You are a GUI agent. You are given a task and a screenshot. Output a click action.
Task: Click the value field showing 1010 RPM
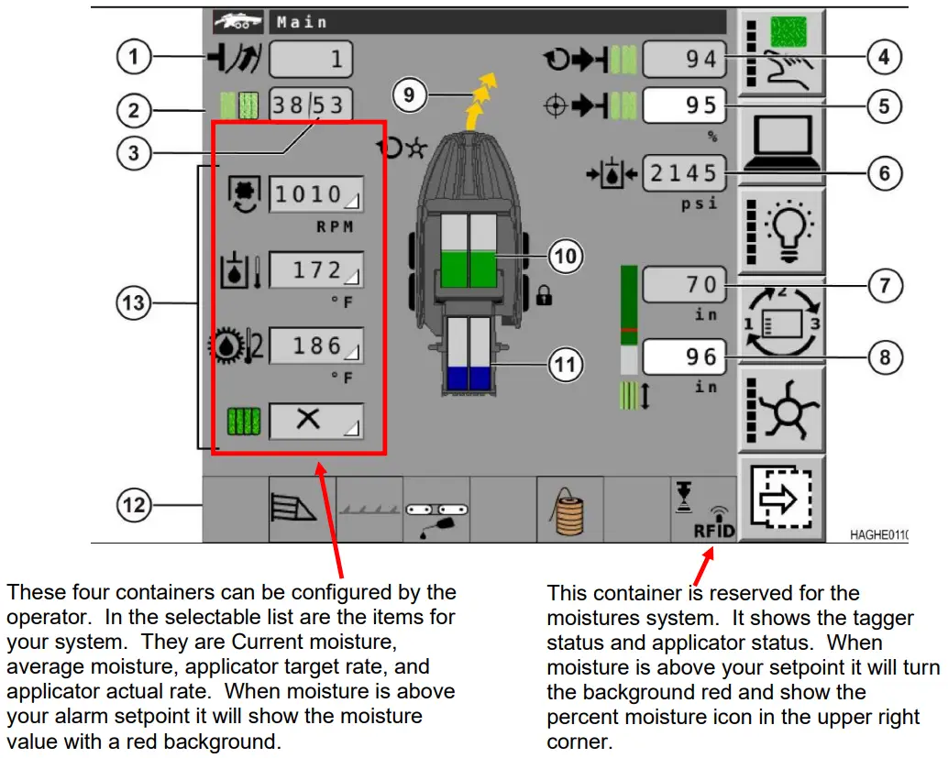pos(315,194)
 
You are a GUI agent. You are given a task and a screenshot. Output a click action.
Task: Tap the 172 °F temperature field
pos(315,270)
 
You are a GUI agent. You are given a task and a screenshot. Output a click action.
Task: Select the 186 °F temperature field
pos(315,346)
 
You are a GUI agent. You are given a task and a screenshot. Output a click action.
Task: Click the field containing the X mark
pos(315,422)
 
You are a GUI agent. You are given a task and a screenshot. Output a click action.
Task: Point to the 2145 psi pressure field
pos(684,171)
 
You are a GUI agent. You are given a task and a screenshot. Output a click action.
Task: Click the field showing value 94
pos(684,60)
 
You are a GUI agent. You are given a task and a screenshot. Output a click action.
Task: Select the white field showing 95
pos(684,105)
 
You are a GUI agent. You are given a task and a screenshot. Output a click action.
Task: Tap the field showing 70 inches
pos(684,284)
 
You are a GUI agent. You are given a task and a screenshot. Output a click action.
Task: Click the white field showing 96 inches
pos(684,357)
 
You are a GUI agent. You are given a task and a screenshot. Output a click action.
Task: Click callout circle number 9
pos(411,94)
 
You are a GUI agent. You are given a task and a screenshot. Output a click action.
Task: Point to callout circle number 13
pos(135,302)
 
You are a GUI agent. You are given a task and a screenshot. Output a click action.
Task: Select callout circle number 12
pos(135,503)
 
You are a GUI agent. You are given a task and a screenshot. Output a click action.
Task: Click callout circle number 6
pos(885,173)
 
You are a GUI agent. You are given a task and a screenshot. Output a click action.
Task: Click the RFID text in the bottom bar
pos(713,531)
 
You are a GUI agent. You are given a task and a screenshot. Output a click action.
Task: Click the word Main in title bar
pos(303,22)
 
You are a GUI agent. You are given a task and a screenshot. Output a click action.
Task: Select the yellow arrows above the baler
pos(480,97)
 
